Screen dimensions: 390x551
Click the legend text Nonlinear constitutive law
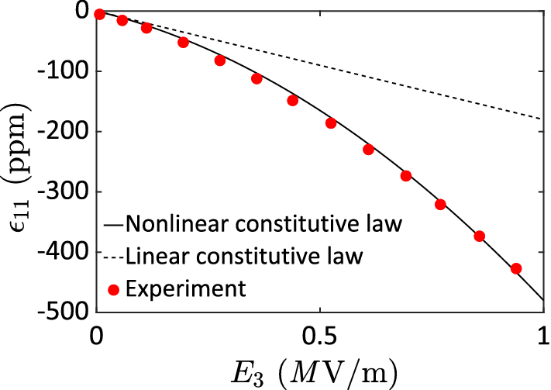pyautogui.click(x=263, y=225)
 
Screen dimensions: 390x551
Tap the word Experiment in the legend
pyautogui.click(x=185, y=289)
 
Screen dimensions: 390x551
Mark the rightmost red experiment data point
pyautogui.click(x=516, y=268)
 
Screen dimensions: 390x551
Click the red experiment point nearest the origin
pyautogui.click(x=99, y=13)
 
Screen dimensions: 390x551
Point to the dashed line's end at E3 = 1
pyautogui.click(x=542, y=119)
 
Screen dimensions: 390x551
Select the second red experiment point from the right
pyautogui.click(x=479, y=236)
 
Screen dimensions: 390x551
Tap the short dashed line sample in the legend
pyautogui.click(x=113, y=254)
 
